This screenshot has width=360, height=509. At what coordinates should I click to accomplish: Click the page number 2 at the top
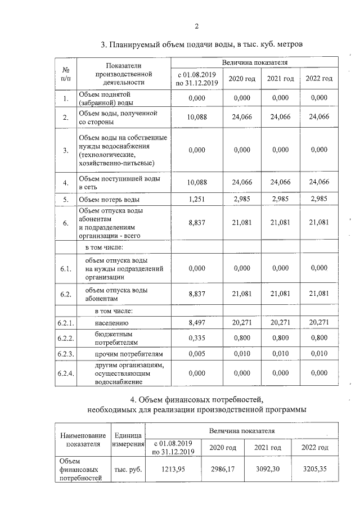pos(197,26)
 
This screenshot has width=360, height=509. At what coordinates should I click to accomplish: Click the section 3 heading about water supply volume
pos(201,44)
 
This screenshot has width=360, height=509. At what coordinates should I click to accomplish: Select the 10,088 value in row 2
pos(197,117)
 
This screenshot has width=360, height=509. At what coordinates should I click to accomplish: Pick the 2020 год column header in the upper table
pos(242,78)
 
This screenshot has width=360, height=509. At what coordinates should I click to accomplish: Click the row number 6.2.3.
pos(66,354)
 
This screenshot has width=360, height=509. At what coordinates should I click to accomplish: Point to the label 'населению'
pos(107,323)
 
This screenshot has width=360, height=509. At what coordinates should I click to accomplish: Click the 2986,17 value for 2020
pos(222,469)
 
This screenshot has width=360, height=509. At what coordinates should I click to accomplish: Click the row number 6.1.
pos(66,269)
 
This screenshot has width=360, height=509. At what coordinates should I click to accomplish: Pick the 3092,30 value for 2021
pos(268,469)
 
